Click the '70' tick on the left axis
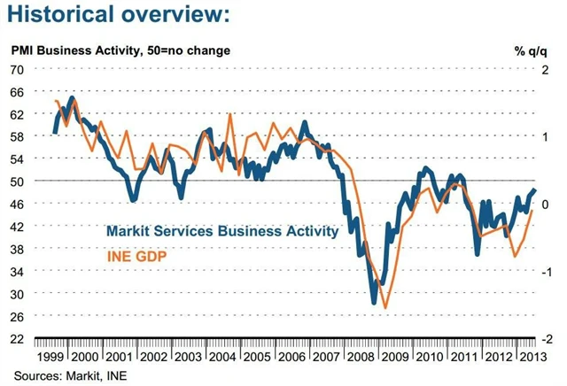coord(17,68)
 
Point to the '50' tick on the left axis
coord(17,181)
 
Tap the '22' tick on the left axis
coord(17,338)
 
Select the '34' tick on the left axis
coord(17,271)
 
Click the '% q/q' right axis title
coord(532,50)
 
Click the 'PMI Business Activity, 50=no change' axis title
coord(120,50)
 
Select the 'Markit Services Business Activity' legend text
coord(221,231)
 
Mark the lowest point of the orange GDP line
coord(385,308)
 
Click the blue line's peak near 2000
coord(72,97)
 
